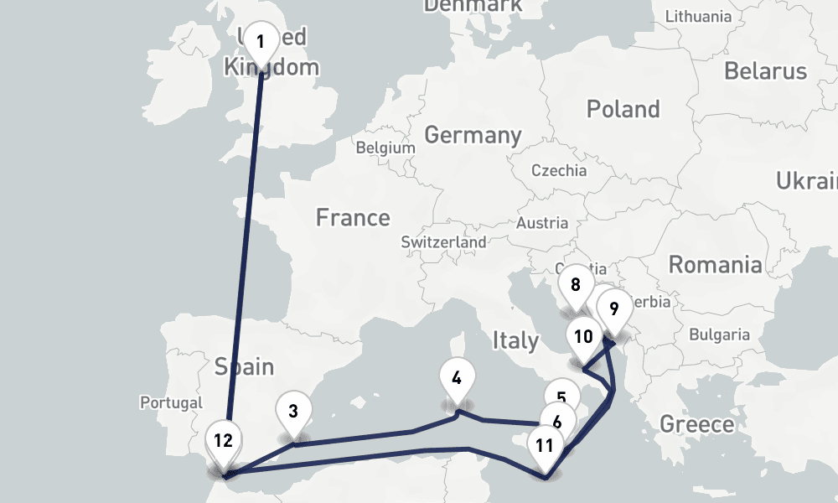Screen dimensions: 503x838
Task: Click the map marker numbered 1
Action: coord(261,42)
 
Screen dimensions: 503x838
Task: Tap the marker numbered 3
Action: coord(293,412)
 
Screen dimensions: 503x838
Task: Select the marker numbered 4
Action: coord(457,377)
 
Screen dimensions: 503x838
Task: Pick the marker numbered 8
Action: coord(576,284)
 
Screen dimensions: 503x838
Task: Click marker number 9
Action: coord(614,309)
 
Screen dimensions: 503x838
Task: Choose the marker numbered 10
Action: coord(584,337)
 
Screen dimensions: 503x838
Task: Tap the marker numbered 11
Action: coord(545,445)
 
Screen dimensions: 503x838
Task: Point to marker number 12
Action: coord(223,441)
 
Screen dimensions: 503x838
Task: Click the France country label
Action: coord(353,218)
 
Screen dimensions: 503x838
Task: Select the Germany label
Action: coord(473,134)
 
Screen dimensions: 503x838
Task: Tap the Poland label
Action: coord(623,109)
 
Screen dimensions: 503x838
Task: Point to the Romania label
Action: coord(715,265)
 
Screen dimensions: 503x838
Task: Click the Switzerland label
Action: coord(443,241)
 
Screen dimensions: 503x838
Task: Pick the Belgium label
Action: coord(385,148)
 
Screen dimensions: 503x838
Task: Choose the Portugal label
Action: coord(172,402)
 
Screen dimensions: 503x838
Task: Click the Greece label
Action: coord(696,423)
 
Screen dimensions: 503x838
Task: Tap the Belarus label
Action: coord(765,70)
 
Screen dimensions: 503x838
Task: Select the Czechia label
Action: coord(559,170)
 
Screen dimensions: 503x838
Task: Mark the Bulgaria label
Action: coord(719,334)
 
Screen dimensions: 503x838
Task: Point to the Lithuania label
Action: coord(698,16)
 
